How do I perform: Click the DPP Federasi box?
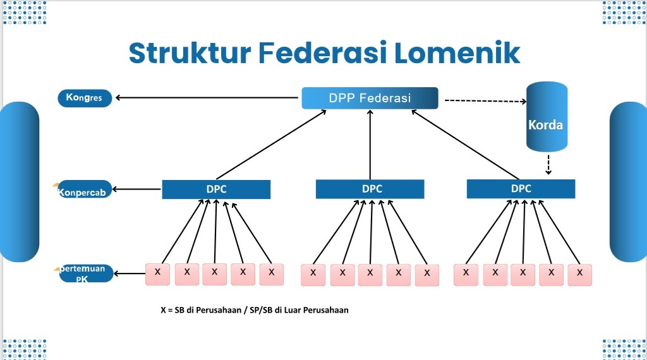(x=370, y=98)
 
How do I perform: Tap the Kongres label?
(x=85, y=98)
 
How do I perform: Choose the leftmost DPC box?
(x=216, y=189)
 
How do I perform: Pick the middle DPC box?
(x=370, y=189)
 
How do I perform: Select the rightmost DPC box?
(x=521, y=188)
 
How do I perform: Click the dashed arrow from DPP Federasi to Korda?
(x=485, y=100)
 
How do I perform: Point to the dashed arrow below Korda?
(x=548, y=165)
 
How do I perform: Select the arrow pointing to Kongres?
(x=206, y=98)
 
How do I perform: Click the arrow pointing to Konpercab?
(x=137, y=189)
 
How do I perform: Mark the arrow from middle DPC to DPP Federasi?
(x=370, y=144)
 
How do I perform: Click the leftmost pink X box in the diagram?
(x=157, y=273)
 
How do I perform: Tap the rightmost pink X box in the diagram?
(x=579, y=274)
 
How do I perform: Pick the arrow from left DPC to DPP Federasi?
(x=271, y=144)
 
